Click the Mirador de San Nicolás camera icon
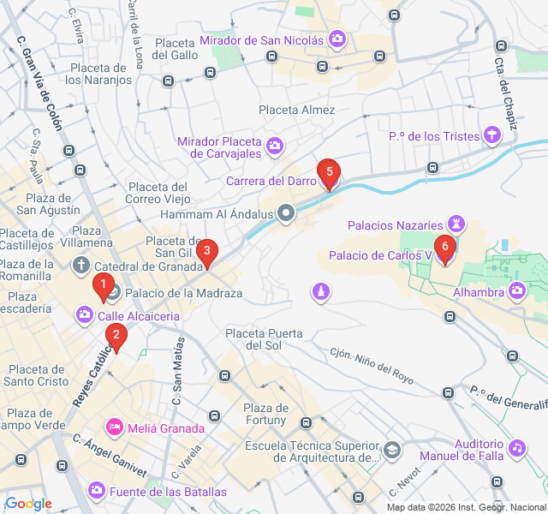337,39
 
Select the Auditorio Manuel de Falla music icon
516,447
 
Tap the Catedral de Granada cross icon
80,265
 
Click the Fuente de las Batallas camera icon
97,491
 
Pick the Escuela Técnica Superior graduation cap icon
391,450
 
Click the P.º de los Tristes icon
491,134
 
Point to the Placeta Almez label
297,110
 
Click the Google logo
28,504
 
